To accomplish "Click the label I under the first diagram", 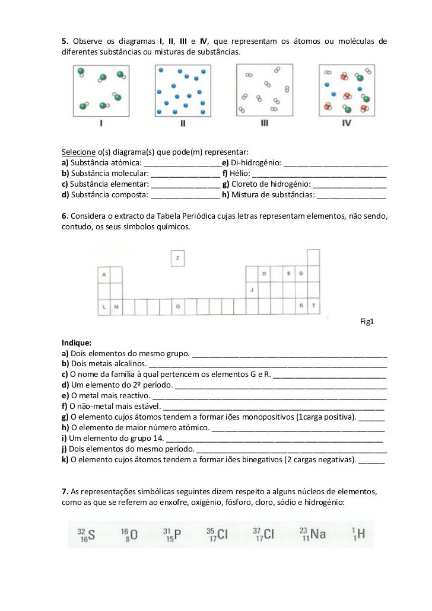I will tap(101, 124).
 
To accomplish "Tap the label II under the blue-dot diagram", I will tap(183, 124).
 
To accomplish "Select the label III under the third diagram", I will tap(265, 124).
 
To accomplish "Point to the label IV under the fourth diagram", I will tap(347, 124).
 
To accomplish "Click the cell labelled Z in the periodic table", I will tap(177, 258).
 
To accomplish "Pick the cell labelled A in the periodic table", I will tap(104, 274).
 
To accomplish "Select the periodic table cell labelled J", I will tap(252, 290).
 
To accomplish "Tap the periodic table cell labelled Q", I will tap(177, 306).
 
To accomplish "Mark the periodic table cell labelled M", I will tap(116, 306).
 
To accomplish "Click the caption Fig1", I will tap(368, 322).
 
